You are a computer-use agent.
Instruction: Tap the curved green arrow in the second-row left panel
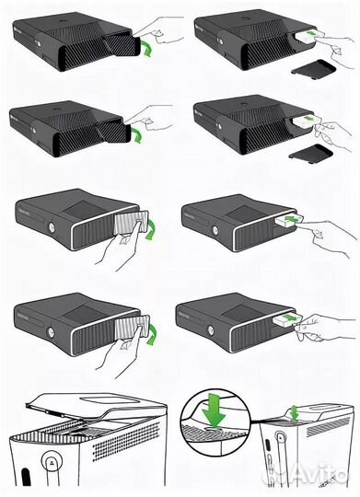[x=139, y=136]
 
